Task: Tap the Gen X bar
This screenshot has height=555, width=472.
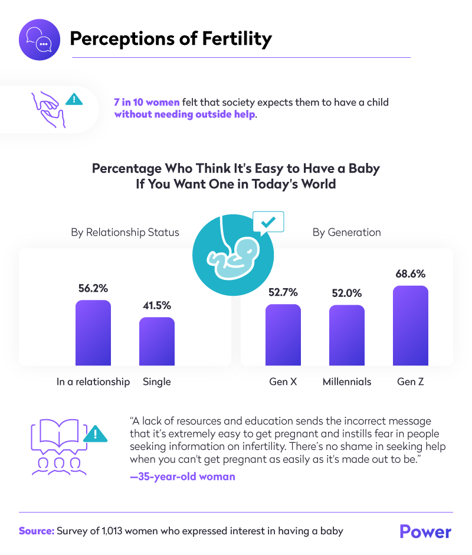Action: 283,335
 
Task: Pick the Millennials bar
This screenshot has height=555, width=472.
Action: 347,335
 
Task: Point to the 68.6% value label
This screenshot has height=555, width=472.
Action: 411,274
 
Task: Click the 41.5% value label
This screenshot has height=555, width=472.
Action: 157,305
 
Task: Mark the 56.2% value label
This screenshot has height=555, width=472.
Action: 93,289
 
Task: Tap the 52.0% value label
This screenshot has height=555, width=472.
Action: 347,293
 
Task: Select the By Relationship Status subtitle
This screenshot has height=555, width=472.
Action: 125,232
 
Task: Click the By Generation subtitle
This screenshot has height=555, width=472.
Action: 346,232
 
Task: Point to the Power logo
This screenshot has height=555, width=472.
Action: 425,531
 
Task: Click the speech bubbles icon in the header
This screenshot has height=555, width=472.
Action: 39,39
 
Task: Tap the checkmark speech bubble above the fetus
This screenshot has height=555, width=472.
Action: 268,223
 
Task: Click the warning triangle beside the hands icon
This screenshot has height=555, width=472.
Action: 74,99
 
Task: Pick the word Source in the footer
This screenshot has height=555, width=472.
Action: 36,531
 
